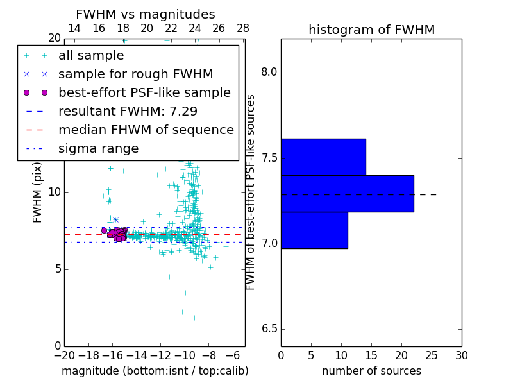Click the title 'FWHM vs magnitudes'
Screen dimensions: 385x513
tap(146, 14)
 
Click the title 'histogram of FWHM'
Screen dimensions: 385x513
tap(371, 30)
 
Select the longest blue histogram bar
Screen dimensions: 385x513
tap(347, 193)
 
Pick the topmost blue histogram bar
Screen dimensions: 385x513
tap(323, 157)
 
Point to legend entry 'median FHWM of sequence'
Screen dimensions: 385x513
tap(146, 130)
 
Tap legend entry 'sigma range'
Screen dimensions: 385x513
tap(98, 148)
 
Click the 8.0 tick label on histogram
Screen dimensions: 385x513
tap(269, 73)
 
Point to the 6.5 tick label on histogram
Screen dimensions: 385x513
tap(269, 329)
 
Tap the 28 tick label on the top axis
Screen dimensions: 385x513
tap(243, 28)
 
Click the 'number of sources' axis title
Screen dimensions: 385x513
tap(371, 371)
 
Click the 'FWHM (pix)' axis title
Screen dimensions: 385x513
tap(38, 192)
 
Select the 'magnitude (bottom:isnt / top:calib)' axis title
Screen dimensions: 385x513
tap(155, 371)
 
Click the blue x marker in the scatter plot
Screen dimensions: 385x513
tap(115, 219)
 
